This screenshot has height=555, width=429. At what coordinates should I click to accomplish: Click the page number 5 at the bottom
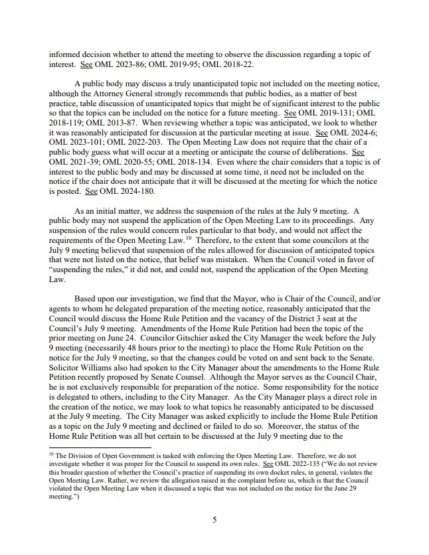(214, 520)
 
